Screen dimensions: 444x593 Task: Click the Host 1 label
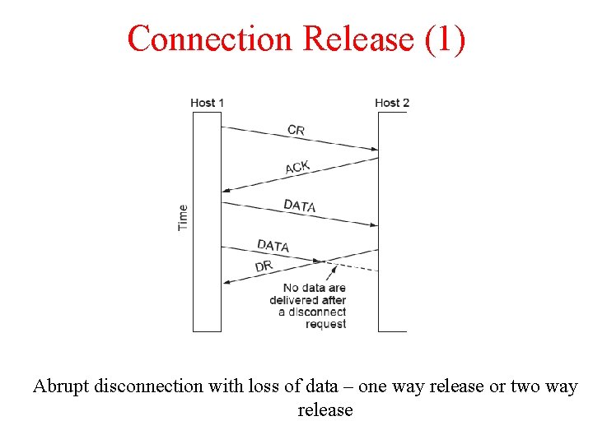(x=207, y=103)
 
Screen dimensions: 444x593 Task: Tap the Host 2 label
(x=392, y=103)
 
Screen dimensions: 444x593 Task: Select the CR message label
(x=296, y=130)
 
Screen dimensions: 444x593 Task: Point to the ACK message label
(x=297, y=167)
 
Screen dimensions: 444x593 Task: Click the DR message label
(x=264, y=266)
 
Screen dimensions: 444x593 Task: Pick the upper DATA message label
(x=300, y=206)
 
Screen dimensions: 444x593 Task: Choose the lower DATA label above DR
(x=273, y=245)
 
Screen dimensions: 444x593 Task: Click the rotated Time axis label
(x=183, y=217)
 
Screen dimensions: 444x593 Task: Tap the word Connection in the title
(x=210, y=39)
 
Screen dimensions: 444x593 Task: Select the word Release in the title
(x=359, y=39)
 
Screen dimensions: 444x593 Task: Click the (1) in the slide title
(x=446, y=39)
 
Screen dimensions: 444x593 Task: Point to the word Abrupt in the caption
(x=62, y=386)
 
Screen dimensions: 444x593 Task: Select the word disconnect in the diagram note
(x=316, y=312)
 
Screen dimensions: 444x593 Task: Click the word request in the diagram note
(x=325, y=324)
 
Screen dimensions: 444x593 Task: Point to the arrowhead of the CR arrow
(x=373, y=150)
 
